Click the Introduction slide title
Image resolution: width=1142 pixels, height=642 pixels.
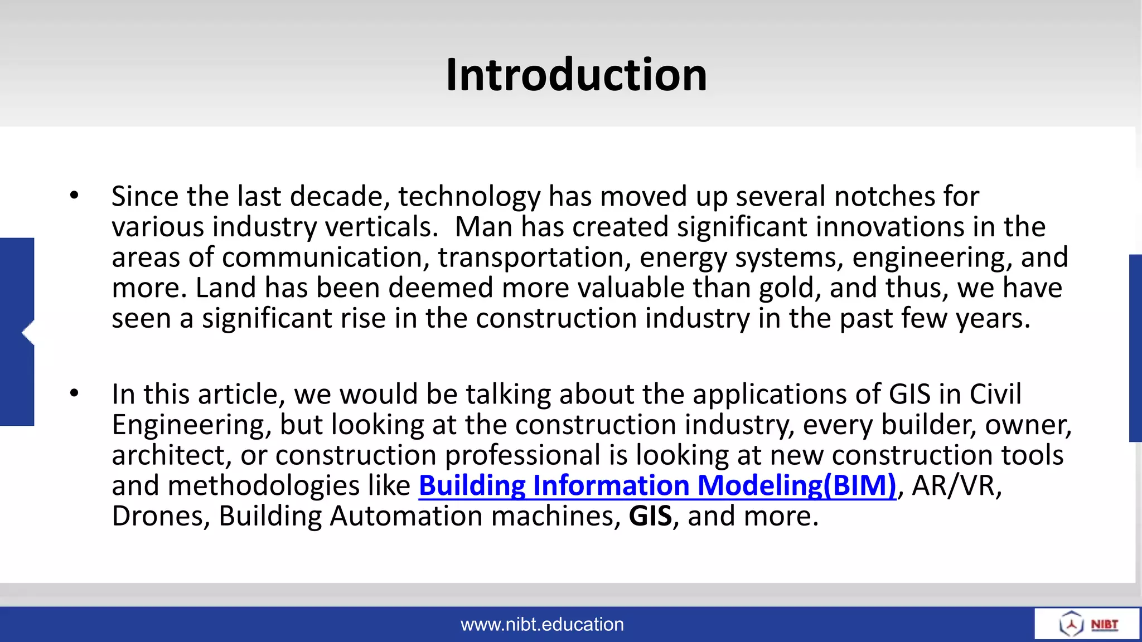pos(576,75)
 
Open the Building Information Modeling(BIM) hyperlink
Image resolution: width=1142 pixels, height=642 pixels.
pos(657,485)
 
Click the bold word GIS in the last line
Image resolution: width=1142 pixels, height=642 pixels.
pos(650,516)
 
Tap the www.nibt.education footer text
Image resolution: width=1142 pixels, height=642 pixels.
pos(542,624)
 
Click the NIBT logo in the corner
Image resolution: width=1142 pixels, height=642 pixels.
pos(1087,624)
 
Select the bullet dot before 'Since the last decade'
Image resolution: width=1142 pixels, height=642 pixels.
pos(74,196)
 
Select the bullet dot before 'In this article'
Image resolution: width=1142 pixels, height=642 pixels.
pos(74,393)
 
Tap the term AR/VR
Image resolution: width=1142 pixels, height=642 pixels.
pos(956,485)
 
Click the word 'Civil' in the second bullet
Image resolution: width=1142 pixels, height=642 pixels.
pos(995,395)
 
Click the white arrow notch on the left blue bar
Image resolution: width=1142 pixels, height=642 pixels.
pos(28,333)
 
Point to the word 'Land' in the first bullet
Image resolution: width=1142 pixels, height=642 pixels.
pos(226,288)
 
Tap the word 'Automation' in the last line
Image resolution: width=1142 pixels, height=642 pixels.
pos(406,516)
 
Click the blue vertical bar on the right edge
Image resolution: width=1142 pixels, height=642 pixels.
pos(1135,348)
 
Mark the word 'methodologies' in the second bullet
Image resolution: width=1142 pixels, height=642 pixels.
pos(263,485)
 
